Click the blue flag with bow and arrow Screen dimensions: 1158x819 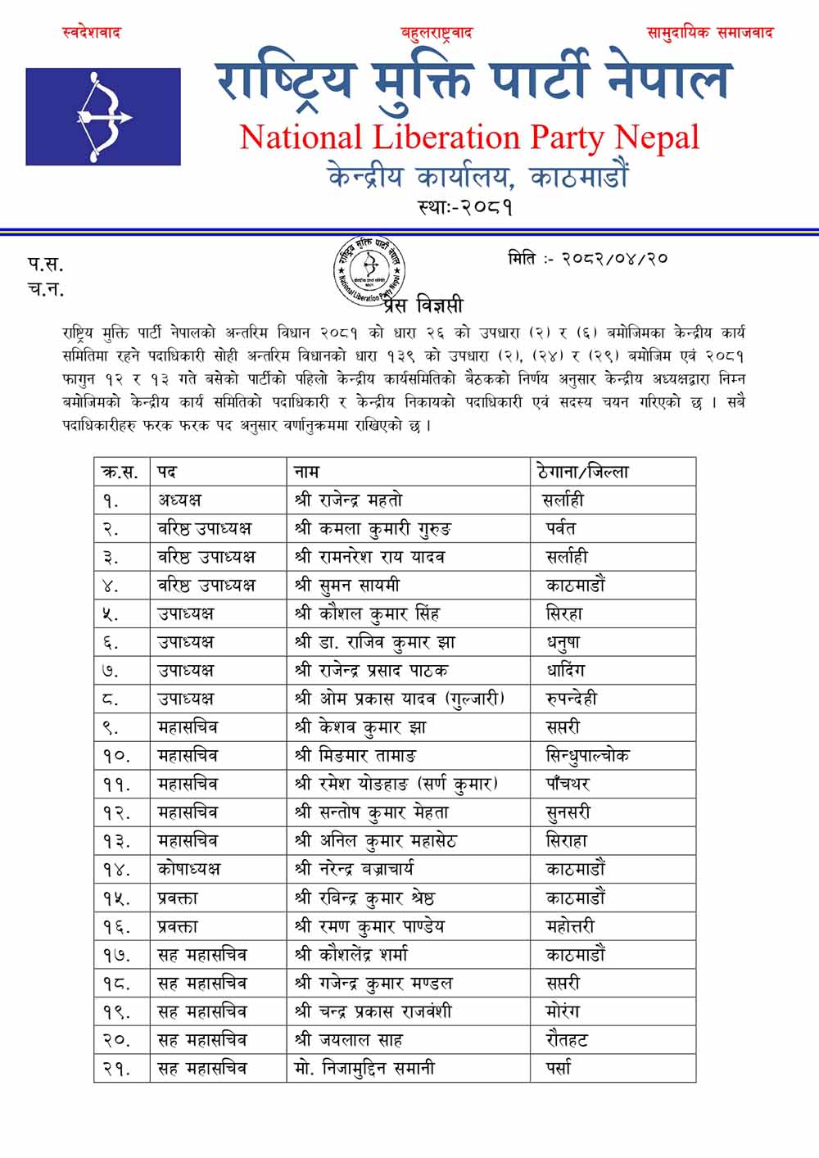(x=103, y=116)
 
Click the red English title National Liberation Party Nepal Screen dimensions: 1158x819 (x=469, y=138)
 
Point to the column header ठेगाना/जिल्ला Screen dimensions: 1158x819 (x=583, y=472)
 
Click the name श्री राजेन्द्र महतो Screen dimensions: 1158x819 (x=348, y=500)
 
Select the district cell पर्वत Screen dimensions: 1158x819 (x=561, y=528)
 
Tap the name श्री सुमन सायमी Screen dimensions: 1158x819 (x=347, y=585)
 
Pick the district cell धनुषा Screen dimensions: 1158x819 (x=563, y=642)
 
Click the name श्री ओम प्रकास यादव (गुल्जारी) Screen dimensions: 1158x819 (x=399, y=699)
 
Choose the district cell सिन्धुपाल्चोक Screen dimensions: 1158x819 (x=587, y=755)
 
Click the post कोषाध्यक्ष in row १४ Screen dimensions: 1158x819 (x=189, y=869)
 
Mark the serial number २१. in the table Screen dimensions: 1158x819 (x=117, y=1069)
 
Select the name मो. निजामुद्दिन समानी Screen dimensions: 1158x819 (x=364, y=1068)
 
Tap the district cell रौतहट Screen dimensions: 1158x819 (x=567, y=1040)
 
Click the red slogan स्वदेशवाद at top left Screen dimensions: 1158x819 (x=92, y=33)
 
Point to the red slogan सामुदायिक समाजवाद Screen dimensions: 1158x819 (x=709, y=33)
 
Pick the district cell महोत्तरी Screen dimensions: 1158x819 (x=570, y=926)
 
